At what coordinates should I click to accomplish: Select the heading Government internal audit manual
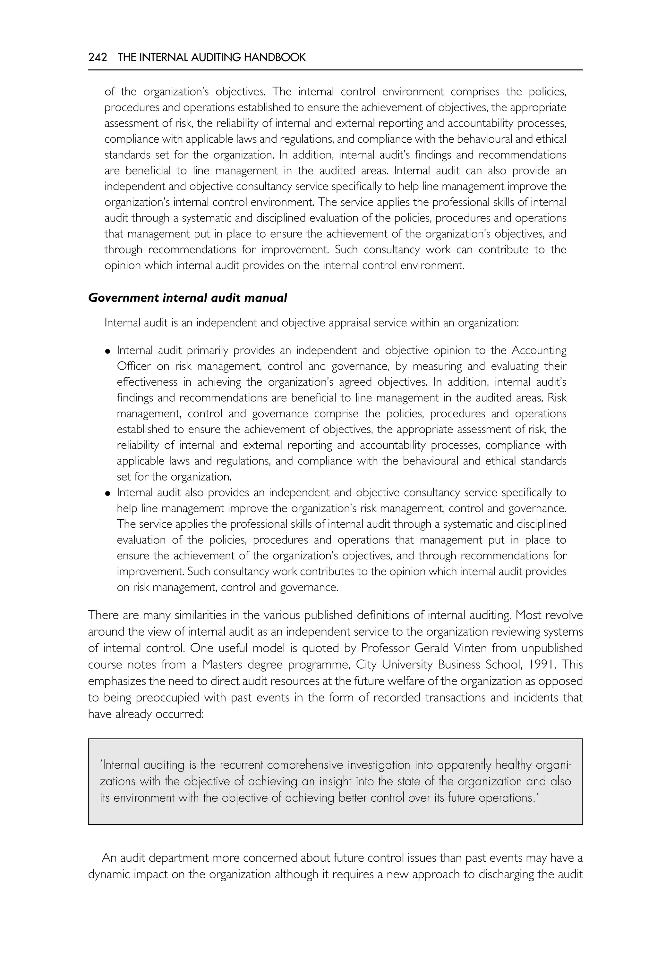coord(187,297)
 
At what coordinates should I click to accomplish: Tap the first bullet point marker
coord(108,351)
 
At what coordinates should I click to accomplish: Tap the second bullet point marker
coord(108,493)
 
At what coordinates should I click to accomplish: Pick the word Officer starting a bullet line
coord(134,366)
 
